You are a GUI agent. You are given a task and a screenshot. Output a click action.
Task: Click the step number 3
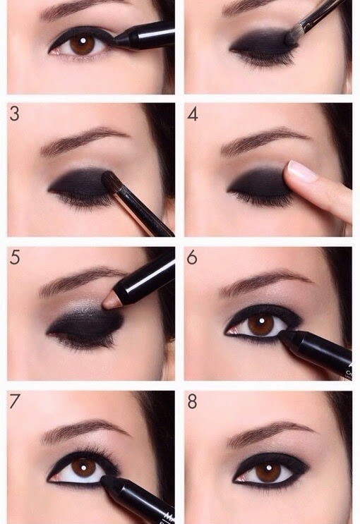pyautogui.click(x=15, y=114)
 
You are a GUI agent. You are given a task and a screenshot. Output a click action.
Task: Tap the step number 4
pyautogui.click(x=193, y=114)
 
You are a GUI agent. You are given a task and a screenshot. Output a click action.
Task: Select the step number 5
pyautogui.click(x=15, y=257)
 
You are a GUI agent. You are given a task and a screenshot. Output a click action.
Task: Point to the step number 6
pyautogui.click(x=192, y=257)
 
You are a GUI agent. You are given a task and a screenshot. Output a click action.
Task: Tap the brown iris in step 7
pyautogui.click(x=83, y=468)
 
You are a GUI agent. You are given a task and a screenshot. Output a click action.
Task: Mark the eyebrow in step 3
pyautogui.click(x=81, y=140)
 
